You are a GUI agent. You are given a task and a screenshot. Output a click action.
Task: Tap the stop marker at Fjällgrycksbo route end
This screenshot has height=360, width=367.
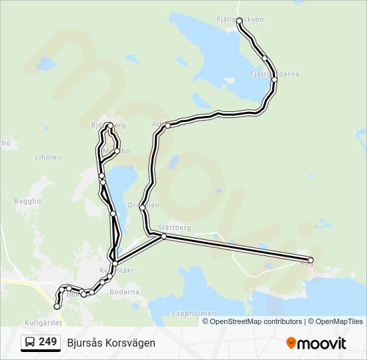coord(240,21)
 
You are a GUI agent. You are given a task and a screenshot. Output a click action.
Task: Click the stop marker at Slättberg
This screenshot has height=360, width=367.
coord(163,236)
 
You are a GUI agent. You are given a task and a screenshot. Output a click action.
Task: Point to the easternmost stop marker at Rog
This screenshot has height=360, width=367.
coord(310,260)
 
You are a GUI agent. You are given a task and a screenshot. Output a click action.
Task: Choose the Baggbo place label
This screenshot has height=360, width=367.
coord(27,200)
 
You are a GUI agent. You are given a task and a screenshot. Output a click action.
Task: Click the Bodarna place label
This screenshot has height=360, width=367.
coord(124,292)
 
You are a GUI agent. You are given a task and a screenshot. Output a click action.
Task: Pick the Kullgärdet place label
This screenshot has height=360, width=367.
coord(43,323)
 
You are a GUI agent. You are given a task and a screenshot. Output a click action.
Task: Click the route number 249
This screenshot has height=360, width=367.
coord(47,342)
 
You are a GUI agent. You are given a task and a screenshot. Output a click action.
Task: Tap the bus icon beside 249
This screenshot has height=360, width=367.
coord(30,343)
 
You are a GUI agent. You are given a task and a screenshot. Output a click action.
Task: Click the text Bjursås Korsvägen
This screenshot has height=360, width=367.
coord(111,343)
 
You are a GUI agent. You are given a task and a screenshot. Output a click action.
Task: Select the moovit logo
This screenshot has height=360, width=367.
coord(316,343)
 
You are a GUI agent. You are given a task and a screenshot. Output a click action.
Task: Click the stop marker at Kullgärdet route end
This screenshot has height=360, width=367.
coord(57,307)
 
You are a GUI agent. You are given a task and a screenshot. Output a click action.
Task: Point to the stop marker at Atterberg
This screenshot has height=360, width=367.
coord(168,125)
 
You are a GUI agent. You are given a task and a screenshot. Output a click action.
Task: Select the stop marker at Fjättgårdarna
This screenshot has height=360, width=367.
coord(274,79)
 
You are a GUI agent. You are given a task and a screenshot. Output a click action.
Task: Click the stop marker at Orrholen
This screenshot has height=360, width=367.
coord(143,207)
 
